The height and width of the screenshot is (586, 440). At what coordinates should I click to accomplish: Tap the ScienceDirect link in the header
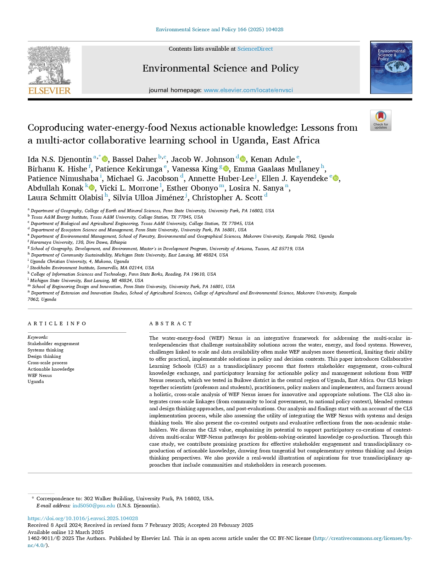tap(255, 49)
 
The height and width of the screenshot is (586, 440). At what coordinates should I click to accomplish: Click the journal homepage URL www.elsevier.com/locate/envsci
tap(248, 90)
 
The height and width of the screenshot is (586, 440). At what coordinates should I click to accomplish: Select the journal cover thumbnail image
tap(391, 67)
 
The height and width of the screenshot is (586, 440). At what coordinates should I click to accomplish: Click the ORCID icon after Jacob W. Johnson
tap(243, 159)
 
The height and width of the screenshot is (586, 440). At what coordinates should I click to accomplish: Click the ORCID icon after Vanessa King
tap(226, 169)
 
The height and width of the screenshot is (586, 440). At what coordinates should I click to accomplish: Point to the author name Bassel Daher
tap(134, 159)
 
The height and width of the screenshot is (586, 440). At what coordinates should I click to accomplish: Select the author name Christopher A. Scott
tap(227, 198)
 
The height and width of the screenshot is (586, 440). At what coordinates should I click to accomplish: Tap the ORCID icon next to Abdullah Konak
tap(92, 188)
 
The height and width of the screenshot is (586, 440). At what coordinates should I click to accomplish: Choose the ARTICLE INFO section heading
tap(57, 323)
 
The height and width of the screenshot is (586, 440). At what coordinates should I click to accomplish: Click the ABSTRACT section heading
tap(171, 323)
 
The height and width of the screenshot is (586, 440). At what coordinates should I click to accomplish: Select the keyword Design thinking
tap(44, 356)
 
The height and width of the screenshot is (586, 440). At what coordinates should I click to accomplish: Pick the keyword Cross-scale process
tap(48, 363)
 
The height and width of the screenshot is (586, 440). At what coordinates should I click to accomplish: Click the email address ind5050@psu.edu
tap(94, 506)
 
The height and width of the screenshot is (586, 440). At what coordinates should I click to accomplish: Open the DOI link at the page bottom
tap(83, 518)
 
